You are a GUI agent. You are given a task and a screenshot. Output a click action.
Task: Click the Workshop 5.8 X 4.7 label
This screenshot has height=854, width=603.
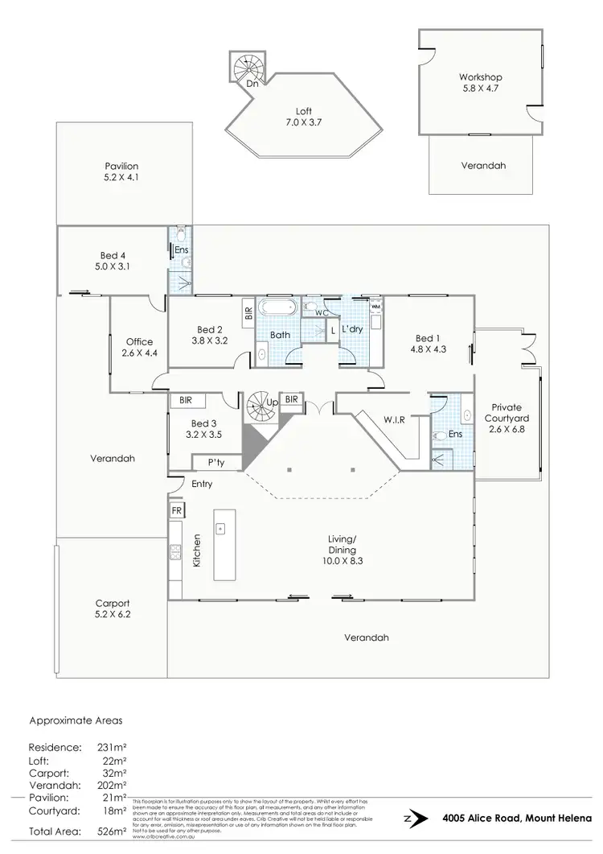[481, 83]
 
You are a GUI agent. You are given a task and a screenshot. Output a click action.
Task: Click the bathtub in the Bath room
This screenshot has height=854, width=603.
[280, 308]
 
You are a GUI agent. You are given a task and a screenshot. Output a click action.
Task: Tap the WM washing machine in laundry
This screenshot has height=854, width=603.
[375, 307]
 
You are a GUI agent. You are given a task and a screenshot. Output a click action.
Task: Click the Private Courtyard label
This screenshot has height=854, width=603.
[507, 419]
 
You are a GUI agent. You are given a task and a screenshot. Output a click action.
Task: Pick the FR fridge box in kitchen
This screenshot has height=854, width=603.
[176, 510]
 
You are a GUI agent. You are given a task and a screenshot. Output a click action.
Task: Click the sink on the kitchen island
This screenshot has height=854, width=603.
[220, 529]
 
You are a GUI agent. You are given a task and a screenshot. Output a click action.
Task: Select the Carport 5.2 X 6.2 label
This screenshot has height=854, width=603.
[111, 609]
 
